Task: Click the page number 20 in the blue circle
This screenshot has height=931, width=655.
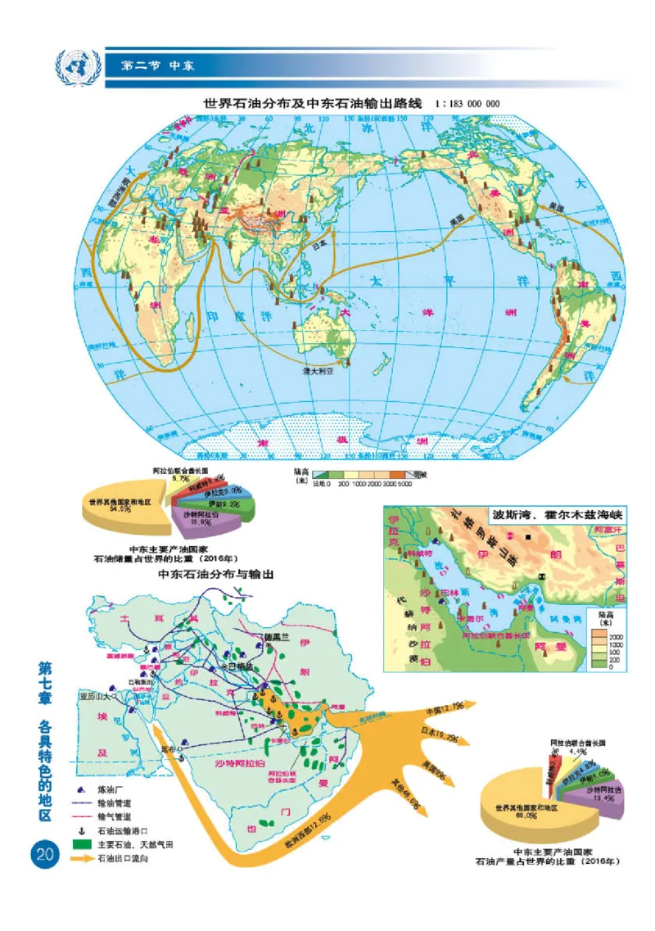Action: point(43,854)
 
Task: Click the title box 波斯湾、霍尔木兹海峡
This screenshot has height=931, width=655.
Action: point(545,517)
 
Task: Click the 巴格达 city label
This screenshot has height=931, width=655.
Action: point(238,667)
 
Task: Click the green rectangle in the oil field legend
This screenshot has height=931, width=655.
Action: point(81,843)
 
